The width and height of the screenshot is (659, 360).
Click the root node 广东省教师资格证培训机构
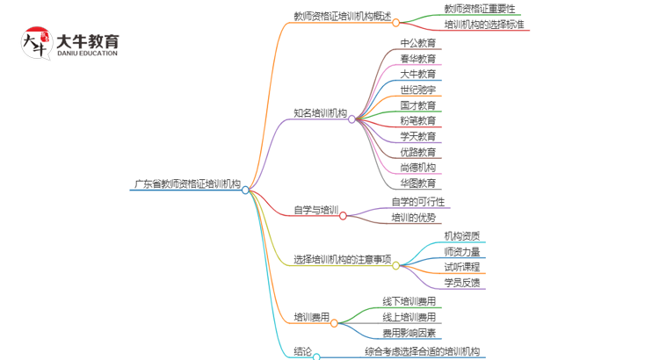(186, 185)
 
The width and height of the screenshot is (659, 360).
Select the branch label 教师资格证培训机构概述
(342, 16)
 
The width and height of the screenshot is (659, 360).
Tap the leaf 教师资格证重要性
(480, 9)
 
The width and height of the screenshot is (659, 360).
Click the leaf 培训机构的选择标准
(484, 25)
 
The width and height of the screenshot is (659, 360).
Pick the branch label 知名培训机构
(320, 114)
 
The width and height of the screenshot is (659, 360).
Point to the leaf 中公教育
(417, 42)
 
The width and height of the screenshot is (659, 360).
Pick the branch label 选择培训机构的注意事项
(342, 260)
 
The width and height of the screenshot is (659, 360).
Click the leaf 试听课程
(461, 267)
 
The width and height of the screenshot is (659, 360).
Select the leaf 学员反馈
(461, 283)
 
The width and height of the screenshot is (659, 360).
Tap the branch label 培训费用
(312, 316)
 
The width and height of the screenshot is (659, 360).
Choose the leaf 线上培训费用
(409, 317)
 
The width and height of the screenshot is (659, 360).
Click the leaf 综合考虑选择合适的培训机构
(423, 352)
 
